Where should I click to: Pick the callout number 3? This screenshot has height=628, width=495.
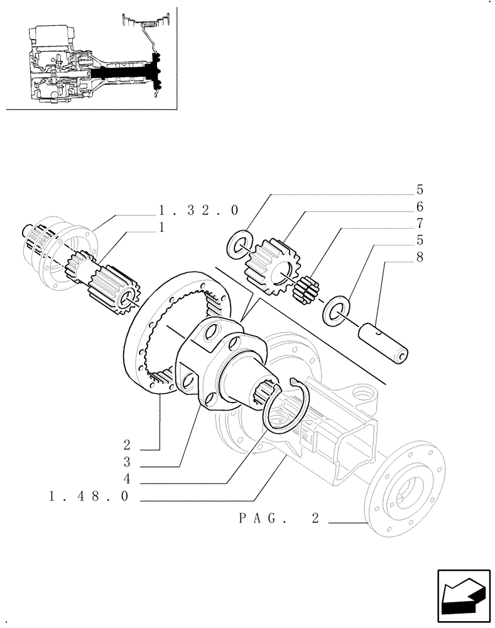127,463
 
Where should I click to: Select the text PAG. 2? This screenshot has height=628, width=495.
280,519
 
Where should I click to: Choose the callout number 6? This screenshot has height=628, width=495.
419,207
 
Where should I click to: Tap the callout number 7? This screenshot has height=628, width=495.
419,223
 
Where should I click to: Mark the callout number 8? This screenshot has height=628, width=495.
419,256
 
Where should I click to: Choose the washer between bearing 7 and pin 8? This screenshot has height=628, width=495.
334,309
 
